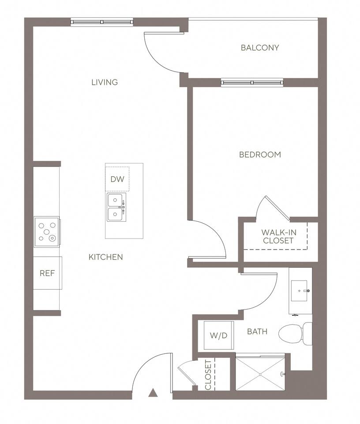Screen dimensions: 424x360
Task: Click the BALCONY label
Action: coord(260,48)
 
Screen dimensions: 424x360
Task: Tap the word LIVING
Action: coord(105,82)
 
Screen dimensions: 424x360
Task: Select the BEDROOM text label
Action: coord(260,155)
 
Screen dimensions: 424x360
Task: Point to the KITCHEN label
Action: coord(105,257)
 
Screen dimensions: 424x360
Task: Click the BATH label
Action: coord(257,331)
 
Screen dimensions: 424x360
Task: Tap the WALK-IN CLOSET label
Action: coord(278,236)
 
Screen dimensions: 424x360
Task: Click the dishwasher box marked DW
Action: coord(117,179)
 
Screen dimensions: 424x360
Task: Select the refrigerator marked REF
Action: coord(47,273)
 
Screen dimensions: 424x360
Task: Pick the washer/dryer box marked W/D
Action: coord(218,335)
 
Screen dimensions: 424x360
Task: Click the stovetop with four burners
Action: coord(47,231)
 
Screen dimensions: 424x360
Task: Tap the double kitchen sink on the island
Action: coord(116,207)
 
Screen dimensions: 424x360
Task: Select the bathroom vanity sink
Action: coord(300,291)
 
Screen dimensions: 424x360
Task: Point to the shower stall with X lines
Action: coord(260,374)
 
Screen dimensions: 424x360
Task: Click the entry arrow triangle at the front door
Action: coord(153,392)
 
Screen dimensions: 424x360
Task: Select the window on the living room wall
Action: coord(102,22)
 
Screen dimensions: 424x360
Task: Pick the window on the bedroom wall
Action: coord(252,82)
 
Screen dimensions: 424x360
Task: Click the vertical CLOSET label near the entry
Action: coord(208,375)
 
